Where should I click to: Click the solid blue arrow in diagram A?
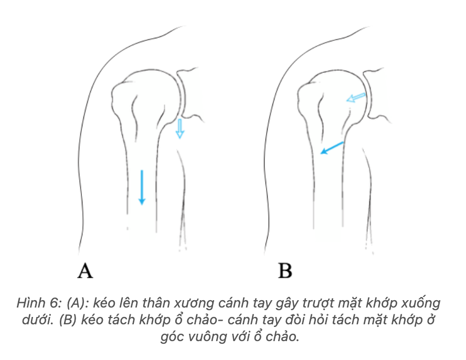141,187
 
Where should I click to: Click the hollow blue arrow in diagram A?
179,129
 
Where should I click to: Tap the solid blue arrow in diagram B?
332,147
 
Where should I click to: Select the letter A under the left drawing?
85,271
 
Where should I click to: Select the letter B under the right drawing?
285,271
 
